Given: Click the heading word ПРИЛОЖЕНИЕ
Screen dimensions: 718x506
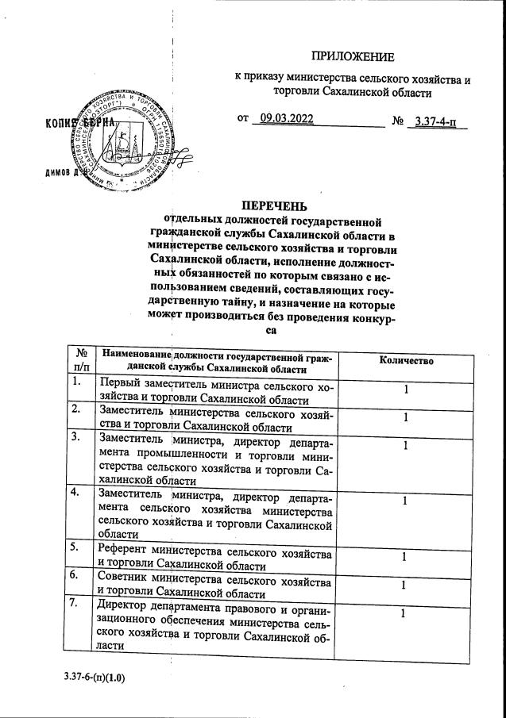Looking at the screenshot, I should point(352,57).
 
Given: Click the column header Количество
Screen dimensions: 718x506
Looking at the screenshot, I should point(406,360).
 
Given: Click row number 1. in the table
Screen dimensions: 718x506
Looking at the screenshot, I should point(76,382).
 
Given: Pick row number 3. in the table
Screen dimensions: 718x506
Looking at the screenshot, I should point(76,436).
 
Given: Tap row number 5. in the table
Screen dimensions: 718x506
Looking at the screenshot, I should point(76,547).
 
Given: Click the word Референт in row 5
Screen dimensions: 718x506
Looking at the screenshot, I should point(123,551).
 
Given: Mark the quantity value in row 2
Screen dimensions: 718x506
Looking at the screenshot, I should point(406,417).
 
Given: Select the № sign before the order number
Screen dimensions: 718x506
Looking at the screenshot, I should point(398,121).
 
